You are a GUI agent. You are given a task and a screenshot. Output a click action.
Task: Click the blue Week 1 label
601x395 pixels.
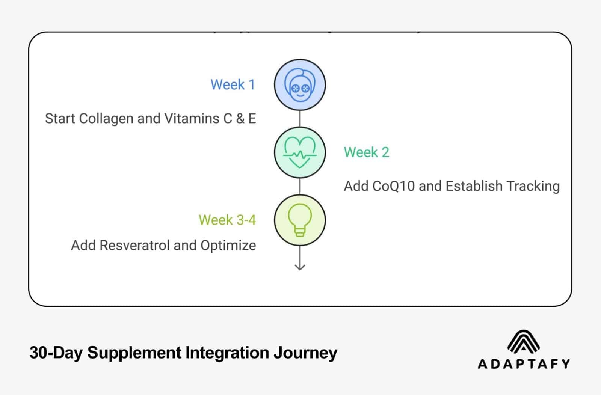coord(233,84)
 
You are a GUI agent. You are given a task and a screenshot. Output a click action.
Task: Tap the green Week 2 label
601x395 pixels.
coord(366,152)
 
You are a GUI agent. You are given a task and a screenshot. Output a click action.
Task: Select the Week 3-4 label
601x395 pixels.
coord(227,220)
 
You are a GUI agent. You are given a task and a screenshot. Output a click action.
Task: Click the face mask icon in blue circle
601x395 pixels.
coord(299,85)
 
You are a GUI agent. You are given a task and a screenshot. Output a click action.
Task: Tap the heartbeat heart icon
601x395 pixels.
coord(299,152)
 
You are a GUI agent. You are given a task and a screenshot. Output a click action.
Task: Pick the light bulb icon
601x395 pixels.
coord(299,220)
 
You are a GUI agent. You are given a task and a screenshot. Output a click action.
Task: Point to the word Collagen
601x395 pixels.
coord(107,119)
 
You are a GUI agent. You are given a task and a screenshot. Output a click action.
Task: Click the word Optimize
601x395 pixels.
coord(228,246)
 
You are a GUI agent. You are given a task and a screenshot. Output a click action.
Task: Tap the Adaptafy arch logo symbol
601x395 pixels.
coord(523,341)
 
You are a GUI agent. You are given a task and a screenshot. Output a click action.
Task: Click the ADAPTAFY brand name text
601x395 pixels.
coord(523,364)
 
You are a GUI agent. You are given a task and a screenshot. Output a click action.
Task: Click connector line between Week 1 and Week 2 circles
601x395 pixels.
coord(299,119)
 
